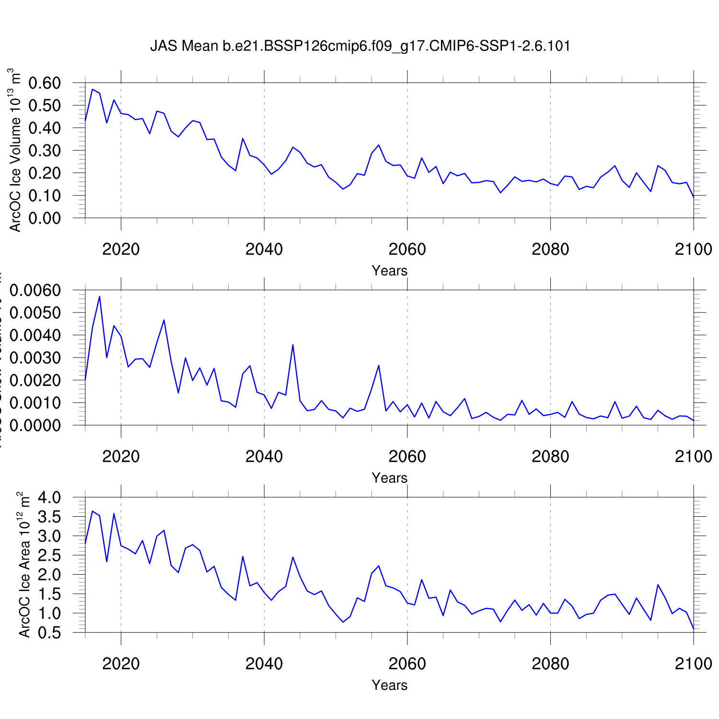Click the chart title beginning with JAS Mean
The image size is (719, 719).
click(x=360, y=46)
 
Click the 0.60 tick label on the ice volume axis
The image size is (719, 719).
click(x=45, y=83)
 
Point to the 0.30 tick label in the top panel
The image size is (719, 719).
click(x=45, y=151)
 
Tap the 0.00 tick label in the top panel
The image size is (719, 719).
click(x=45, y=218)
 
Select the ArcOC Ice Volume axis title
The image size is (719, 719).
click(x=15, y=150)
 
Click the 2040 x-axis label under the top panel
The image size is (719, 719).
click(x=264, y=249)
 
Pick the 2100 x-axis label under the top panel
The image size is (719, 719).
click(x=693, y=249)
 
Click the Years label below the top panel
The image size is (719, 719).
click(x=389, y=271)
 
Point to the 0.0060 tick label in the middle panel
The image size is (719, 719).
click(x=35, y=290)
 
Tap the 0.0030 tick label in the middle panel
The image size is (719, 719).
click(x=35, y=358)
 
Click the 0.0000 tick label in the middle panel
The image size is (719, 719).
click(x=35, y=426)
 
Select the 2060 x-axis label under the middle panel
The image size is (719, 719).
click(x=407, y=457)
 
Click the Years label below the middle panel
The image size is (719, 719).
click(x=389, y=478)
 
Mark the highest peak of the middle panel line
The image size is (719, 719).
click(x=99, y=296)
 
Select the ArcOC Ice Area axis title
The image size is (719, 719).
click(x=24, y=565)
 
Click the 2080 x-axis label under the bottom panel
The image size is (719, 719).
click(x=550, y=664)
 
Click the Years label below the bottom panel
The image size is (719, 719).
click(x=389, y=685)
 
